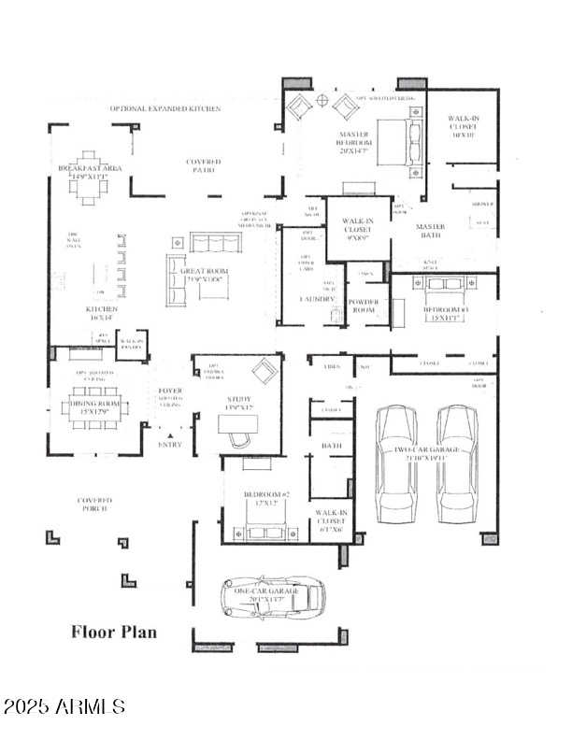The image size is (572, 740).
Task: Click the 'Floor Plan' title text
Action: click(114, 632)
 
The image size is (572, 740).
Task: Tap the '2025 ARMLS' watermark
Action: click(64, 705)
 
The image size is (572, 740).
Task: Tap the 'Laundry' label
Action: click(317, 299)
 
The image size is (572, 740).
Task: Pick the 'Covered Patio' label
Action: click(203, 166)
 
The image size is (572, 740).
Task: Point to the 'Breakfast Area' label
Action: click(90, 172)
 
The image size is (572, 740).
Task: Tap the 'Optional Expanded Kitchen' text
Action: click(165, 109)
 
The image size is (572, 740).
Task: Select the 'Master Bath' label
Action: click(431, 231)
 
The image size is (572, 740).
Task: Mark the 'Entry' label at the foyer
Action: click(171, 445)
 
